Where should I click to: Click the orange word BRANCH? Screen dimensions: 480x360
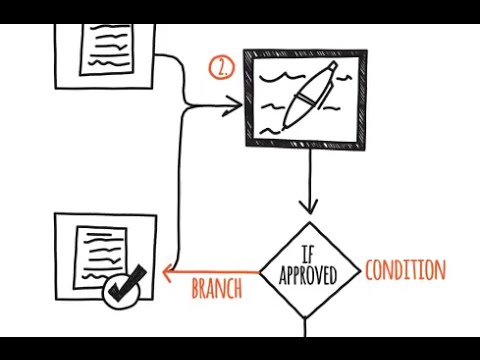coord(216,289)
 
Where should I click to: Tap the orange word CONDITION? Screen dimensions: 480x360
coord(405,270)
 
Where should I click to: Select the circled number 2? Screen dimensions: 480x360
coord(220,68)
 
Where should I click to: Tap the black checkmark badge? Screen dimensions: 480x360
coord(125,289)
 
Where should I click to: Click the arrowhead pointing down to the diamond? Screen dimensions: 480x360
coord(309,207)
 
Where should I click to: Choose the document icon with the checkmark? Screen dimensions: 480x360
coord(105,258)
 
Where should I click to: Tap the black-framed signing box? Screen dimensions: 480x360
coord(305,98)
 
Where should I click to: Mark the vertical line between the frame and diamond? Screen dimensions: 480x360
coord(309,175)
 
